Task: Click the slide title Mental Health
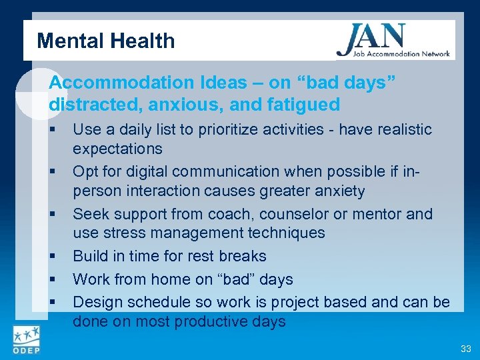coord(105,41)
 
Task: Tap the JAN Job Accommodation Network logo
coord(393,41)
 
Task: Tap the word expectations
coord(117,148)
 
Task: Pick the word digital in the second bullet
coord(166,172)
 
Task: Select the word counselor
coord(295,214)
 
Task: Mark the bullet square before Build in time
coord(52,257)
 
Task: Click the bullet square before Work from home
coord(52,280)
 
